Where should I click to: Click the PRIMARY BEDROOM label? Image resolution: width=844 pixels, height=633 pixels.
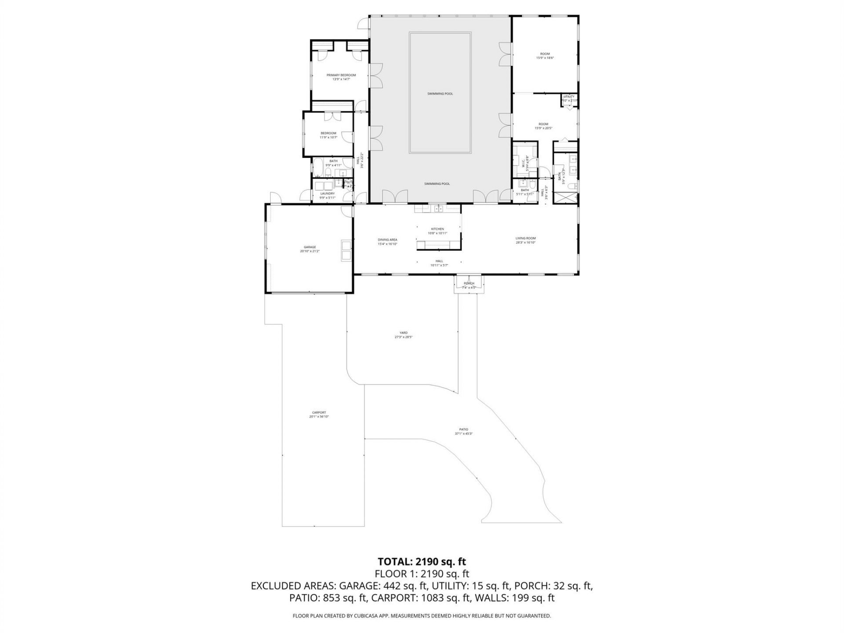pos(341,75)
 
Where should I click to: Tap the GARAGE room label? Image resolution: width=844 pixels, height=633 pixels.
pos(309,247)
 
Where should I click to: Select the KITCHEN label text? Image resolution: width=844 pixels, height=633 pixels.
pos(437,229)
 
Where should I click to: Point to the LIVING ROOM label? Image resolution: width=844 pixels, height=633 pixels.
pos(525,238)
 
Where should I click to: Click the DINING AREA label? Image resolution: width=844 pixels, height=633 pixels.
pos(387,240)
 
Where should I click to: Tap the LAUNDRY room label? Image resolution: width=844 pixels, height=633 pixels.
pos(327,193)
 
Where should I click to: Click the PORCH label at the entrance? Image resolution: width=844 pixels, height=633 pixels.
pos(469,283)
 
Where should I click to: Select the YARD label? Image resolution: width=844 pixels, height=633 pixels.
pos(403,333)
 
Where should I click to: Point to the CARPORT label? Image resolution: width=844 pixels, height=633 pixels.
pos(319,412)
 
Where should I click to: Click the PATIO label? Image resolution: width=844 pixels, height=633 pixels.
pos(463,429)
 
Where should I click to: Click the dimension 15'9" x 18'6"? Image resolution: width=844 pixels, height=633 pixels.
pos(544,58)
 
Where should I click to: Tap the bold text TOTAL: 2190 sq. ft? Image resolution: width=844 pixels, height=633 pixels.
pos(422,561)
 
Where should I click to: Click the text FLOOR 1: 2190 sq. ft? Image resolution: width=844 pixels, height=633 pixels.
pos(422,574)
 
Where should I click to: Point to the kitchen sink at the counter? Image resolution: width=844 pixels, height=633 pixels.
pos(438,208)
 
